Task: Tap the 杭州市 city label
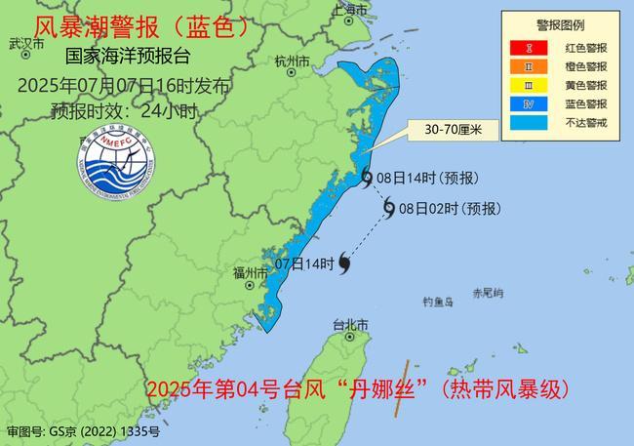tap(292, 61)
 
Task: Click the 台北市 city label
tap(350, 324)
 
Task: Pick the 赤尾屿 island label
tap(487, 293)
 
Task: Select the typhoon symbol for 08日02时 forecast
tap(389, 208)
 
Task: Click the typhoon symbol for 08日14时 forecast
tap(366, 177)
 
